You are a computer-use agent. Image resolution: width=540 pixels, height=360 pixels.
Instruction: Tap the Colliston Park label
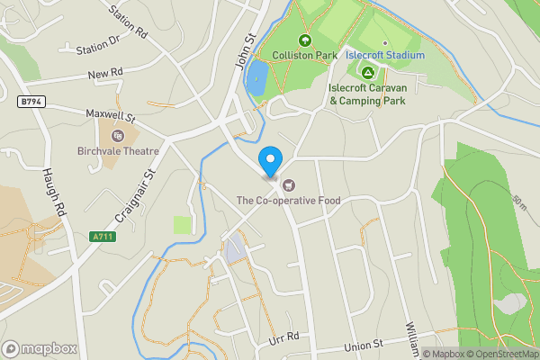(x=303, y=55)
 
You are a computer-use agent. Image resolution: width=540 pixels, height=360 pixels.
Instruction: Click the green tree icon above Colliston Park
(x=303, y=40)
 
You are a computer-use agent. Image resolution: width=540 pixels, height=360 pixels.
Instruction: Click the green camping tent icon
(x=366, y=72)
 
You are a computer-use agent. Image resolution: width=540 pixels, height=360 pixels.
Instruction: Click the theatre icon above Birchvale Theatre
(x=116, y=136)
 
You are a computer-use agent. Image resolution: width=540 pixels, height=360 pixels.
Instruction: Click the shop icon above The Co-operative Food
(x=288, y=185)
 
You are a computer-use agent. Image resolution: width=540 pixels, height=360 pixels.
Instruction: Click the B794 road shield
(x=31, y=103)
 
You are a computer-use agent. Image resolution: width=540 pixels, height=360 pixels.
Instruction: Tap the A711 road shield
(x=103, y=236)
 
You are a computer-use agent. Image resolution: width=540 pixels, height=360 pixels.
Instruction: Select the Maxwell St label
(x=109, y=116)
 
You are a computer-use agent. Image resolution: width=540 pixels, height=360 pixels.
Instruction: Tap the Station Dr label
(x=98, y=48)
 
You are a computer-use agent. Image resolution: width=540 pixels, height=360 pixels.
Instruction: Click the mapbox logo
(x=40, y=348)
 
